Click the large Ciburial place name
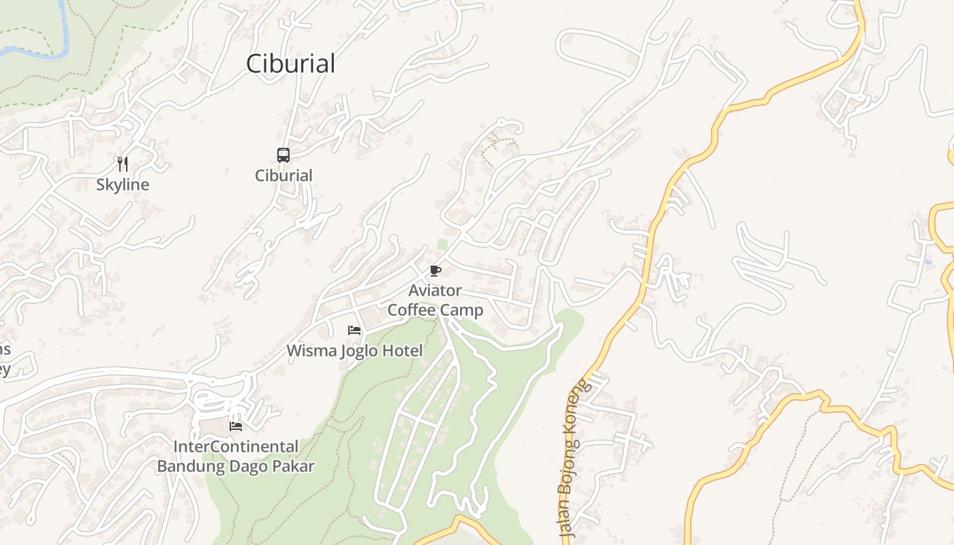coord(290,63)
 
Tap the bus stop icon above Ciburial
coord(283,155)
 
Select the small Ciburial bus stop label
coord(283,175)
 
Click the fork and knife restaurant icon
coord(123,163)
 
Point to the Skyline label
coord(123,185)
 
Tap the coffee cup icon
coord(435,271)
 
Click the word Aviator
coord(435,291)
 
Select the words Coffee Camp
coord(435,311)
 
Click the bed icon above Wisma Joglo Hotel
coord(354,330)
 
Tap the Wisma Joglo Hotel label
coord(354,351)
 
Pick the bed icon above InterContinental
coord(236,426)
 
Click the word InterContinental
coord(236,447)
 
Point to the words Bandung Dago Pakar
coord(236,467)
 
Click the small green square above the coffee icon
coord(442,244)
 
